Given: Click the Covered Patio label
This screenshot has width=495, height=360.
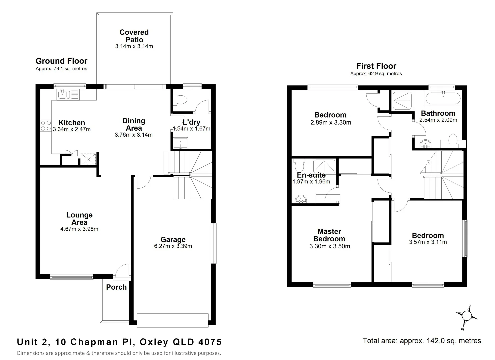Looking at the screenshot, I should [x=134, y=36].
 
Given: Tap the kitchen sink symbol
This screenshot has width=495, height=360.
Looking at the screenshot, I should [x=63, y=94].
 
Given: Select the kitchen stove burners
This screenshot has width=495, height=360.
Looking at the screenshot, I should [x=46, y=126].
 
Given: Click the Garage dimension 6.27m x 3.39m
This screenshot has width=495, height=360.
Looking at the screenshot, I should [x=173, y=246].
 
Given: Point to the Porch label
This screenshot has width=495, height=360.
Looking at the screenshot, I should [x=116, y=287].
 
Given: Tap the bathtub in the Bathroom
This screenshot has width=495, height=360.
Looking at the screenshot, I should [x=442, y=99].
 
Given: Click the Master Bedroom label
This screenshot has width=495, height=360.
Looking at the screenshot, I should [x=329, y=235].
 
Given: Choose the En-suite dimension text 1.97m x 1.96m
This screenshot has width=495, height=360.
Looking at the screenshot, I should [x=311, y=182].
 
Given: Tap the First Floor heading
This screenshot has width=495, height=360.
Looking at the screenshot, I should [x=376, y=66].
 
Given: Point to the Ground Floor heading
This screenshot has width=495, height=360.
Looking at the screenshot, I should [x=61, y=61].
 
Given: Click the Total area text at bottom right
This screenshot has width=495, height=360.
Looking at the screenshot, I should [x=422, y=341].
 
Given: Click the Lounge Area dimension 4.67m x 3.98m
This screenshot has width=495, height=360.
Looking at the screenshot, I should [x=79, y=229].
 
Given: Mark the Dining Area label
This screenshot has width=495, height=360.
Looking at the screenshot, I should [x=134, y=124].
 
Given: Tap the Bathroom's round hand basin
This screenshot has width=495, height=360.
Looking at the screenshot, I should [x=426, y=144].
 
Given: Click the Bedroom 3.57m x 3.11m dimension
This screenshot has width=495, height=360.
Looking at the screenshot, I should [x=428, y=242].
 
